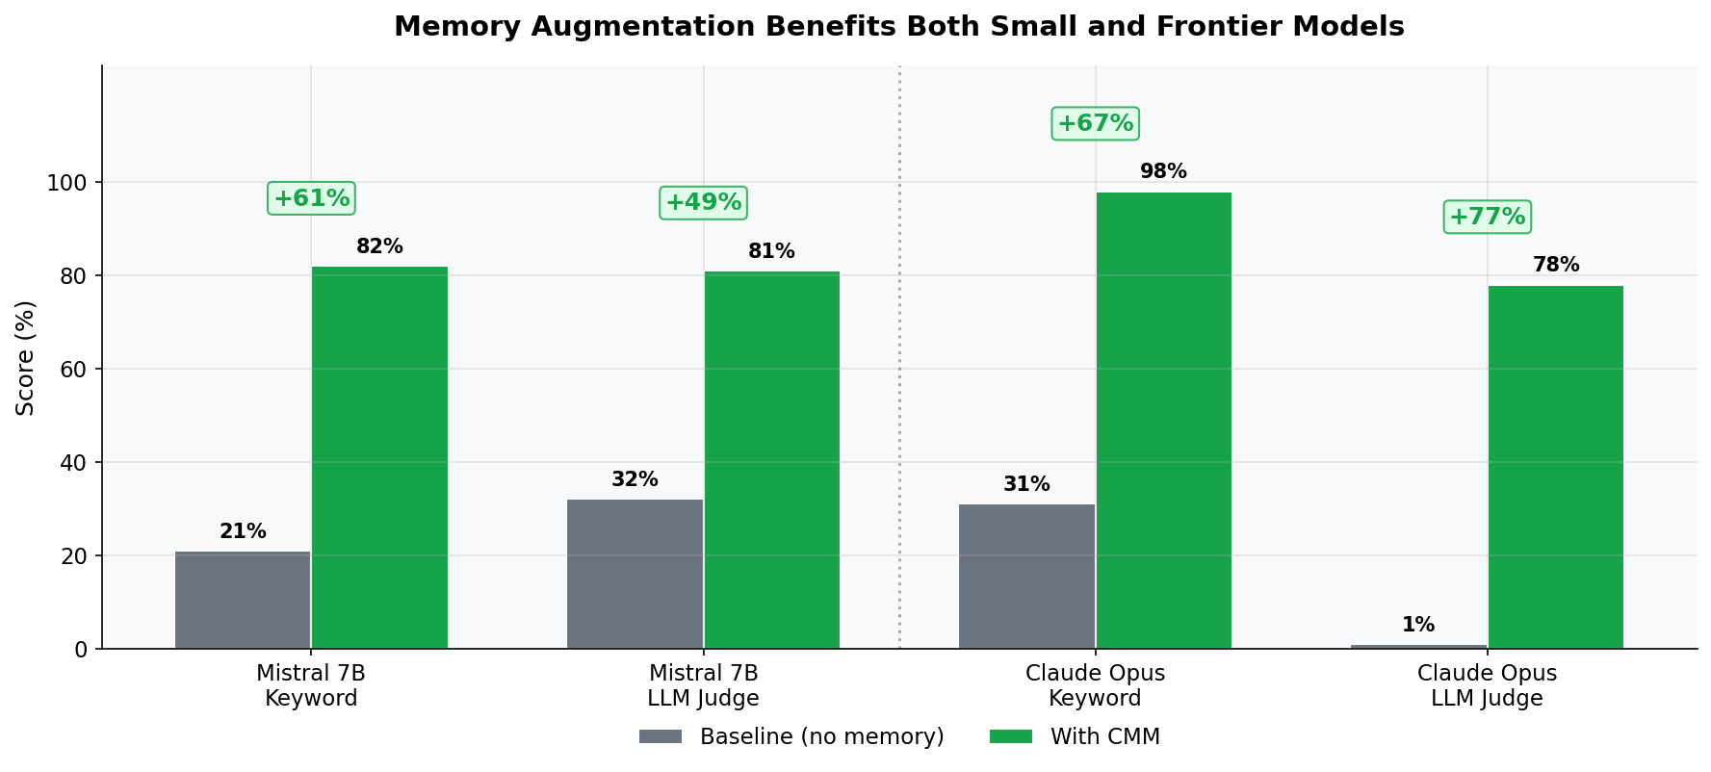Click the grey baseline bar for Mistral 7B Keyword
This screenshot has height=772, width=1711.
243,600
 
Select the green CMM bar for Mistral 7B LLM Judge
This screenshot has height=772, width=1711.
771,460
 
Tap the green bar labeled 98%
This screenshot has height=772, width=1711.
1163,421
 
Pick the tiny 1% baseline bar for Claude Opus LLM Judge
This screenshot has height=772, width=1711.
1418,646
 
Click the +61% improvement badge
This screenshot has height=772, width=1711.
311,199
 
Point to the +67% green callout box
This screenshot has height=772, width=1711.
1095,124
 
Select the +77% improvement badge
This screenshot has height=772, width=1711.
1487,218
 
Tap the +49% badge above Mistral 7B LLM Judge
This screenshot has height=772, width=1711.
703,203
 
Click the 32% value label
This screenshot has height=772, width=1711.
635,479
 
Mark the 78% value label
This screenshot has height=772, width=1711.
1555,265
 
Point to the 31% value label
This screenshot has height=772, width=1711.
1026,484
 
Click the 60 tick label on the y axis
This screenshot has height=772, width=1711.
73,370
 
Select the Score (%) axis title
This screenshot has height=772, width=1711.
26,358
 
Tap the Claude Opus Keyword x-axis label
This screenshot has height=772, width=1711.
1095,685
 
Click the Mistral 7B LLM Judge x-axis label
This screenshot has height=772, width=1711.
703,685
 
